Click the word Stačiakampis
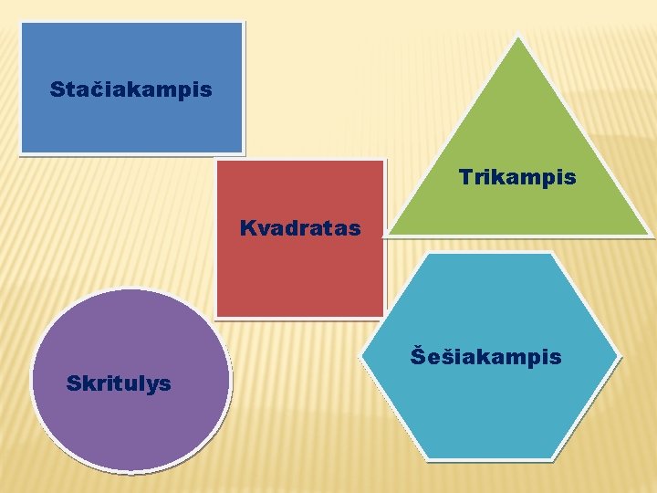point(130,90)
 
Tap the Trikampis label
point(517,176)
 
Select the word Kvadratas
point(300,227)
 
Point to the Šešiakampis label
point(485,355)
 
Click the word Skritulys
point(119,383)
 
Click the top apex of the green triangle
point(517,37)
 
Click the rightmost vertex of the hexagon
point(618,355)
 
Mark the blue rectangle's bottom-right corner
point(243,152)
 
